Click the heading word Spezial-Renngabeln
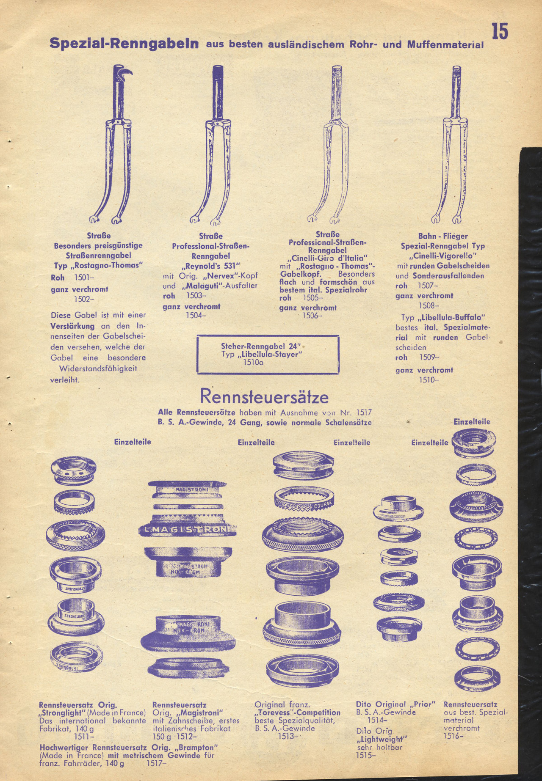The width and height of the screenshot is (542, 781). coord(124,43)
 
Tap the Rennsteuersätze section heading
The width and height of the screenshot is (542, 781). coord(264,397)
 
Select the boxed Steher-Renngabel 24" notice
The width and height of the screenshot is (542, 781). coord(268,355)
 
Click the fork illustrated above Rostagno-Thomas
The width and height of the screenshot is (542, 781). coord(111,144)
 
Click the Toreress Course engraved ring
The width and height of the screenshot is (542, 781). coord(304,499)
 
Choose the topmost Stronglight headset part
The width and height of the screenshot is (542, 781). coord(73,470)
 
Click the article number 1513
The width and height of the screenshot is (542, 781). coord(286,736)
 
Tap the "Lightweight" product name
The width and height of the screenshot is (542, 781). coord(381,739)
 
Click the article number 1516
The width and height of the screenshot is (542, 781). coord(453,736)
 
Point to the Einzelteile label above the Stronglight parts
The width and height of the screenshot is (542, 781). coord(133,442)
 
